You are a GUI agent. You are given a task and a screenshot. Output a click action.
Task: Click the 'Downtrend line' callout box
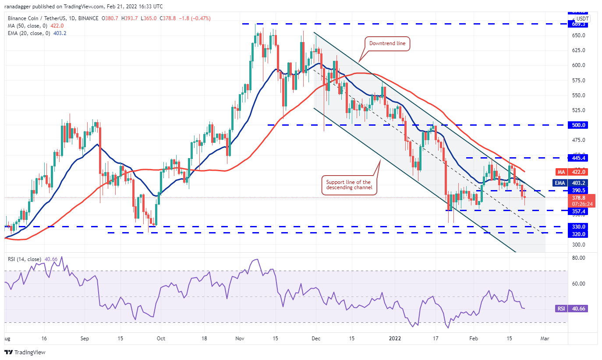click(387, 43)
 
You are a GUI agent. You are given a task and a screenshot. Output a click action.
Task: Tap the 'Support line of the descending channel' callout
click(348, 185)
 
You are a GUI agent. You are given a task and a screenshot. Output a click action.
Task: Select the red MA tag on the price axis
click(561, 172)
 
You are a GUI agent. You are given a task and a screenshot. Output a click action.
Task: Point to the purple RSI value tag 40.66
click(579, 309)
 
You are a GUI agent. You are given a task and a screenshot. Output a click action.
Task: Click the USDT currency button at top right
click(582, 19)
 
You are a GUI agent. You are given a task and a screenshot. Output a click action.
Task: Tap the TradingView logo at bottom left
click(25, 352)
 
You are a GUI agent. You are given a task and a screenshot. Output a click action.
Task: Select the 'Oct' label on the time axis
click(161, 339)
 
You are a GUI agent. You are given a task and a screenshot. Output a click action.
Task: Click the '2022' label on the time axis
click(394, 339)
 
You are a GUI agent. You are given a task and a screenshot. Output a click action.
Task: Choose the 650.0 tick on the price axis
click(579, 35)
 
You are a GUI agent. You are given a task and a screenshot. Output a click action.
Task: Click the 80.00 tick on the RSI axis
click(579, 258)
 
